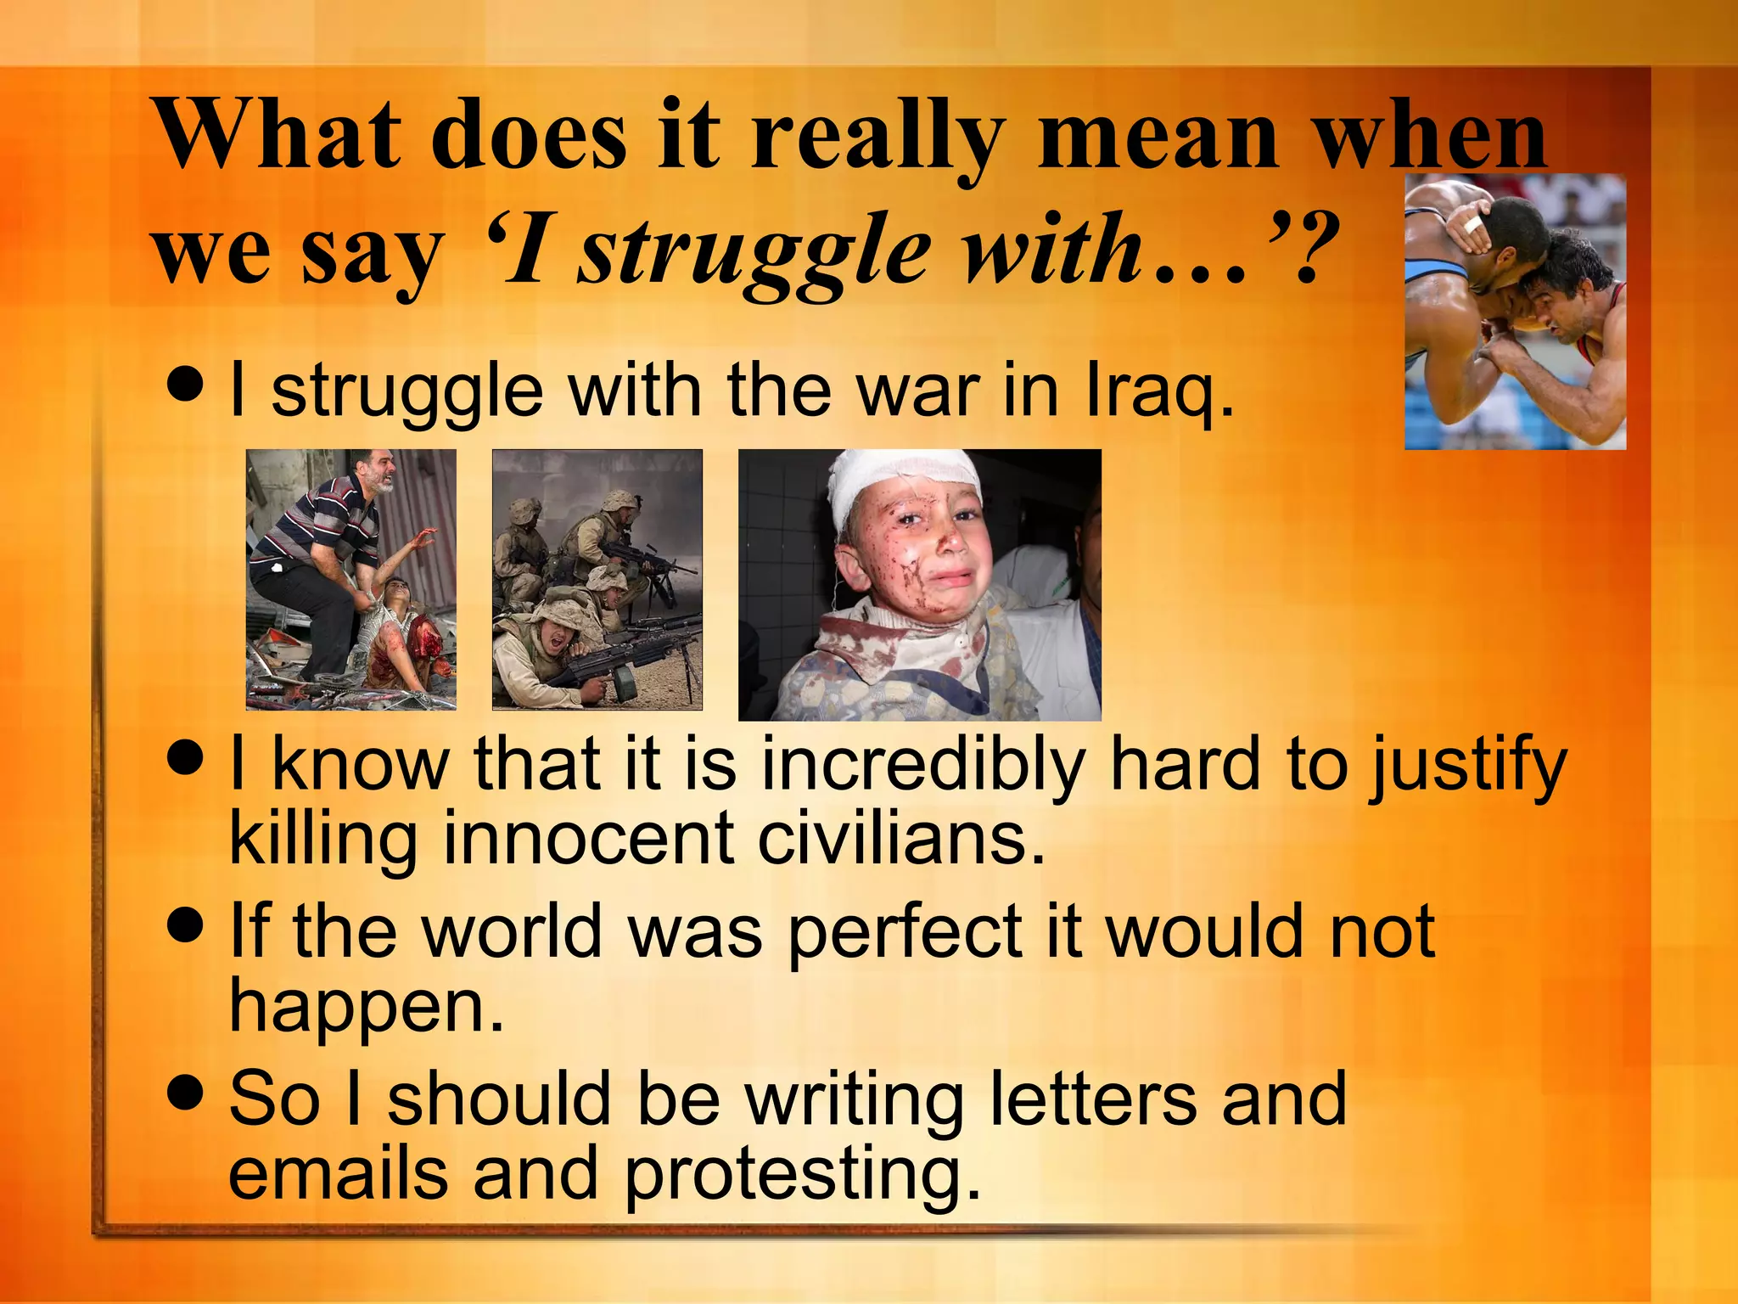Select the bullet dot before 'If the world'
point(186,925)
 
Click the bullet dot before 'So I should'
point(186,1092)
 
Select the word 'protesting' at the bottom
point(802,1175)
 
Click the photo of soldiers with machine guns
point(597,579)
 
